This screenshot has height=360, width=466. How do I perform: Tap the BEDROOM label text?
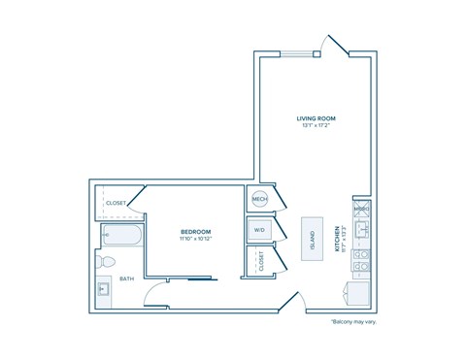pos(196,231)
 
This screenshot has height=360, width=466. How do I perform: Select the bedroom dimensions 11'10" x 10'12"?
pos(196,239)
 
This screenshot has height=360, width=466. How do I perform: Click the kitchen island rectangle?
pos(313,236)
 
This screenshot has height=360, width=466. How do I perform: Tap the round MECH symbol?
pos(259,199)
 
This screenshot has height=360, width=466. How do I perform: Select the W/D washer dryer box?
pos(259,230)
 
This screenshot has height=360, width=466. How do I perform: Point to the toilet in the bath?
pos(110,260)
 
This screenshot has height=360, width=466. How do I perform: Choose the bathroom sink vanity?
pos(104,287)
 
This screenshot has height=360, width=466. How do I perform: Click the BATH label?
pos(127,278)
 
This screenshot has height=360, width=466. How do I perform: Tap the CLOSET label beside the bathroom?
pos(116,203)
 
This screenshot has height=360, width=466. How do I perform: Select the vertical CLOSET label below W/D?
pos(260,260)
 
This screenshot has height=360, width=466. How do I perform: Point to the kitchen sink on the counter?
pos(360,230)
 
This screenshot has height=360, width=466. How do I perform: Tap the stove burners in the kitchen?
pos(360,259)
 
